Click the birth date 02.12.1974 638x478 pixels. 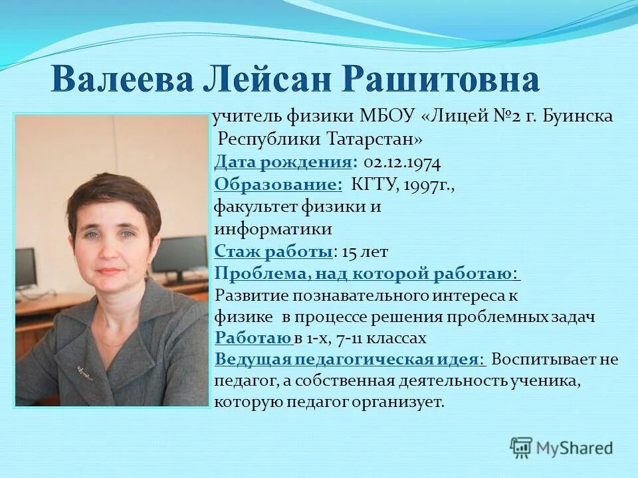(x=402, y=162)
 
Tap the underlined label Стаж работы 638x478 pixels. (x=274, y=251)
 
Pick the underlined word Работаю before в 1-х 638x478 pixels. (x=253, y=338)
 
